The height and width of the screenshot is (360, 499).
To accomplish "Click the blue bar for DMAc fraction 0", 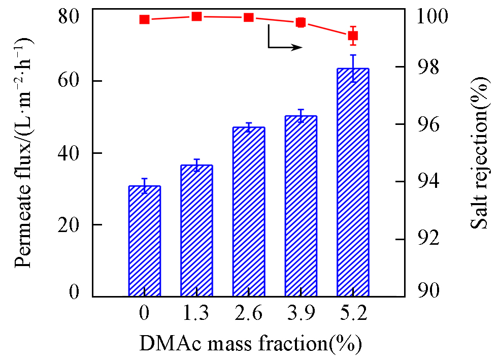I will point(145,241).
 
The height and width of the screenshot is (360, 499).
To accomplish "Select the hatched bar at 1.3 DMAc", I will point(196,231).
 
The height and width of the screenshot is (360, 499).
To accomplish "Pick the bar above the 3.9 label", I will point(301,206).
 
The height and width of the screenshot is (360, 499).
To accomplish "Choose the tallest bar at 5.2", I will point(353,182).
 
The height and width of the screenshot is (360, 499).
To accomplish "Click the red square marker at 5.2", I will point(353,36).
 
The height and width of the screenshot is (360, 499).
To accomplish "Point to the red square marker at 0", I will point(145,19).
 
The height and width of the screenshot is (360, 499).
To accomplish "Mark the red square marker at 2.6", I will point(249,17).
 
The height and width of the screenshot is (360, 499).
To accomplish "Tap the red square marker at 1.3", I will point(196,16).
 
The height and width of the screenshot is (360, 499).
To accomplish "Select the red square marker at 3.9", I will point(301,22).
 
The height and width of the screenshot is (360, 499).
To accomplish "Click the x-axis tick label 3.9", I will point(301,314).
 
